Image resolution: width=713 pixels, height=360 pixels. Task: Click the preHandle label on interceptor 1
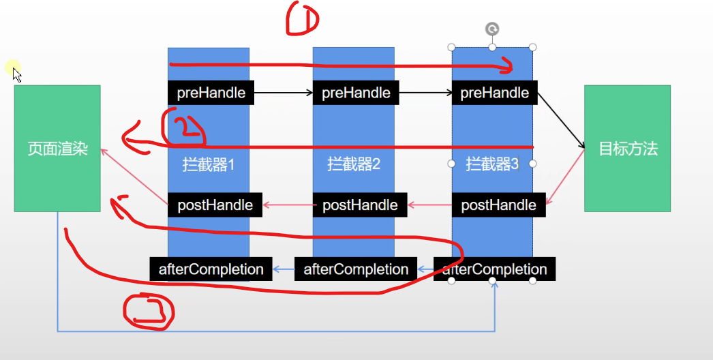click(x=211, y=93)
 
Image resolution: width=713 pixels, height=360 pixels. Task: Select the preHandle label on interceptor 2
click(x=356, y=93)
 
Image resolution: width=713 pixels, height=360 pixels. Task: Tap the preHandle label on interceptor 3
click(x=494, y=93)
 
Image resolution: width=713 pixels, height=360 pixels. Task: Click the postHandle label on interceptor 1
click(x=215, y=205)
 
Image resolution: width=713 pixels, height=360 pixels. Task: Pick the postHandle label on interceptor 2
click(x=360, y=205)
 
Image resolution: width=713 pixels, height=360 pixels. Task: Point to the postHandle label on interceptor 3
click(x=498, y=205)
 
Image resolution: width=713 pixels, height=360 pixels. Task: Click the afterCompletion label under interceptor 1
click(x=211, y=269)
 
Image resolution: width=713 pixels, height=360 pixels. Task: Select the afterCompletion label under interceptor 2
click(x=356, y=269)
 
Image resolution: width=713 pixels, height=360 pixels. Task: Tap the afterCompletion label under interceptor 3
click(x=494, y=269)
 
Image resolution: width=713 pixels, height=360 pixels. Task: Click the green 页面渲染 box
click(x=57, y=149)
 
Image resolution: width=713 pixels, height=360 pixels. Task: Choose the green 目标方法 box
click(x=627, y=149)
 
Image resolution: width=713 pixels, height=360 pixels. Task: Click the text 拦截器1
click(x=209, y=164)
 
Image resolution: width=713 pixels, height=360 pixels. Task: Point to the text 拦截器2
click(x=353, y=164)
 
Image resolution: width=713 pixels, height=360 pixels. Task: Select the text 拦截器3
click(x=492, y=164)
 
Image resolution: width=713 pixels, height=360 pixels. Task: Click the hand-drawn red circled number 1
click(x=302, y=18)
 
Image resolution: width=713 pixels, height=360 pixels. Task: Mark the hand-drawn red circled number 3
click(x=148, y=311)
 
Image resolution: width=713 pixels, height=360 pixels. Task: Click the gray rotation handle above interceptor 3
click(x=492, y=29)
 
